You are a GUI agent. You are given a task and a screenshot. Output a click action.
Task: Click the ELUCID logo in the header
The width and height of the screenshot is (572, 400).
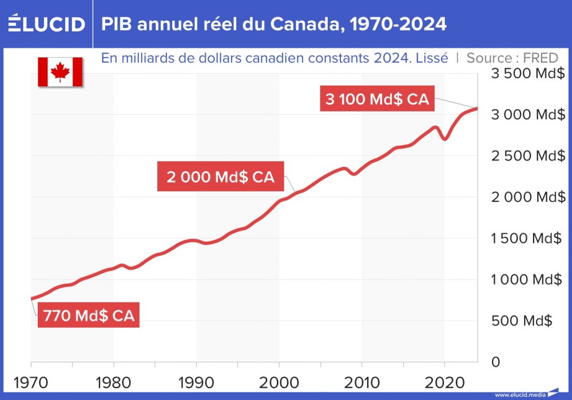(46, 24)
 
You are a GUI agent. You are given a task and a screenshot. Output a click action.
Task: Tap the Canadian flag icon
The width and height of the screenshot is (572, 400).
(60, 72)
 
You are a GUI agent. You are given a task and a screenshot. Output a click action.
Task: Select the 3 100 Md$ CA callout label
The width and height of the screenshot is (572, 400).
(377, 98)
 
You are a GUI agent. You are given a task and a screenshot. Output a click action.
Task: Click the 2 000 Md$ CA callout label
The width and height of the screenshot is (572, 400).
(221, 177)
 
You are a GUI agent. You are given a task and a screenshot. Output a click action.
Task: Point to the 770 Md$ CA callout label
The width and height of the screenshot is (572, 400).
(89, 315)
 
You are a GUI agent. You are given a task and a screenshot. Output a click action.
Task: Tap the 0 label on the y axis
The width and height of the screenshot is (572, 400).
(495, 362)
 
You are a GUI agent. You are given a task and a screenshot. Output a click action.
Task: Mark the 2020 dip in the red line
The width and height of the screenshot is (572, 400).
(445, 139)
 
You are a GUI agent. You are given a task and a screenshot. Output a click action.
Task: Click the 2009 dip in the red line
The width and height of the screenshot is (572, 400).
(355, 173)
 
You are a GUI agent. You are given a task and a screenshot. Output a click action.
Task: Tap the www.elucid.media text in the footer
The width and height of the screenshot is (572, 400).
(519, 394)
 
